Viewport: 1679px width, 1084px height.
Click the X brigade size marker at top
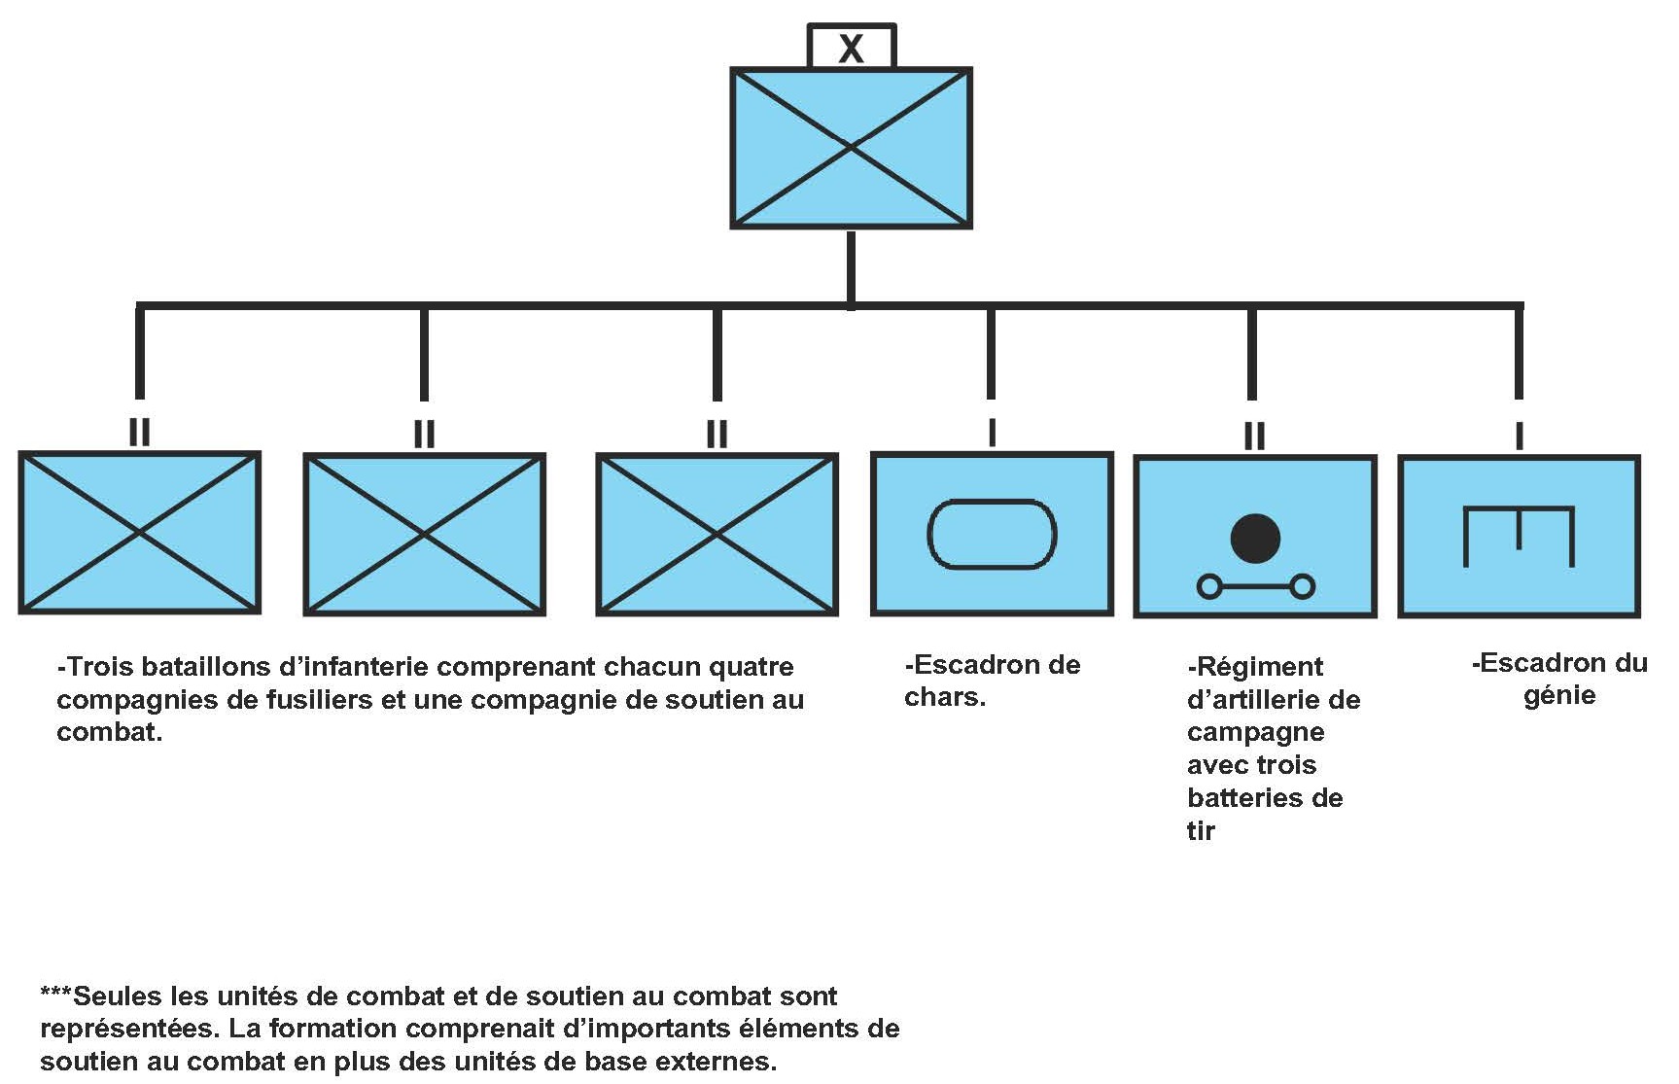[x=851, y=48]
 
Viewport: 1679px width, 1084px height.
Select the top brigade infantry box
[x=851, y=148]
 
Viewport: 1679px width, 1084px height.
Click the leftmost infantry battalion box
[x=140, y=533]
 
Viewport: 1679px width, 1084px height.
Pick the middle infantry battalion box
[x=424, y=534]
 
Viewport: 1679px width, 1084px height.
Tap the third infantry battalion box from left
[x=717, y=534]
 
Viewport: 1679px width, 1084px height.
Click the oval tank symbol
[x=992, y=534]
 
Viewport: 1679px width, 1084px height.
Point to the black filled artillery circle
[x=1255, y=538]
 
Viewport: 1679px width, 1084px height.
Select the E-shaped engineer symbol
[x=1519, y=536]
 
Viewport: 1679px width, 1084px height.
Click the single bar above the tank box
[x=992, y=433]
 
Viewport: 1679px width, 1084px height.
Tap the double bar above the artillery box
[x=1254, y=435]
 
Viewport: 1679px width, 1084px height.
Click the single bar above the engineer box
[x=1519, y=436]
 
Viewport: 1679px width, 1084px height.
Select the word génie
[x=1559, y=696]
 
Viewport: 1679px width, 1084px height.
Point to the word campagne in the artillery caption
[x=1255, y=732]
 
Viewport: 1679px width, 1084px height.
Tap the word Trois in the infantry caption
[x=98, y=667]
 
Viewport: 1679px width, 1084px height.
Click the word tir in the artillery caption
[x=1201, y=830]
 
